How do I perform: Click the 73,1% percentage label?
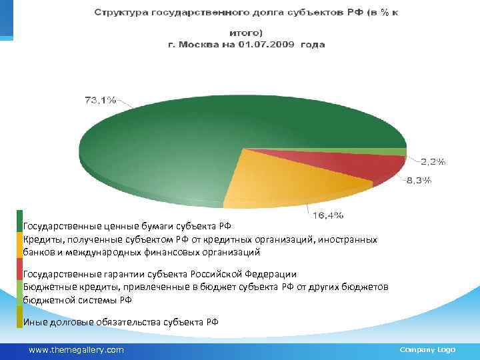(x=100, y=101)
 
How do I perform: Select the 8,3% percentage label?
(x=419, y=180)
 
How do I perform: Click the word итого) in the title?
(x=246, y=32)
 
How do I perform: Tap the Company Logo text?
(x=427, y=349)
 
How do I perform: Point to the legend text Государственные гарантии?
(x=160, y=274)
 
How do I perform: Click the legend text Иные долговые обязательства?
(x=121, y=322)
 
